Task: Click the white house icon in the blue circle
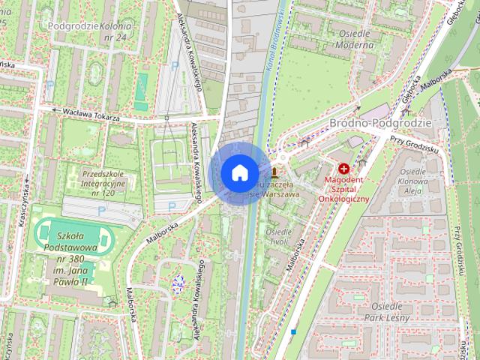(239, 173)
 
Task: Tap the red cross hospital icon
(344, 169)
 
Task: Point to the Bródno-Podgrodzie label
(380, 122)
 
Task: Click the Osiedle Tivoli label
(280, 237)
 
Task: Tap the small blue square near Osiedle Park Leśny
(294, 331)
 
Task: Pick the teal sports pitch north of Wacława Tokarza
(142, 81)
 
